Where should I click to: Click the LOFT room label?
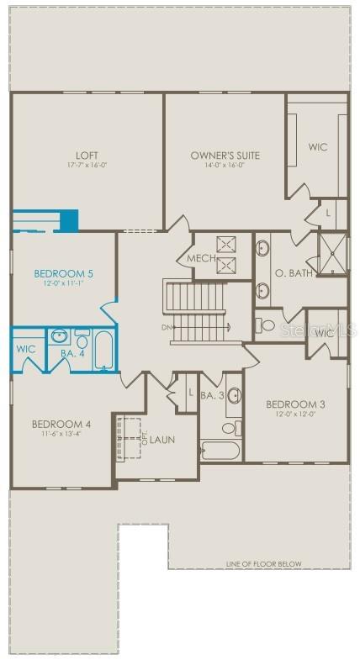pyautogui.click(x=87, y=155)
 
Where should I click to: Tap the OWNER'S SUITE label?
pyautogui.click(x=225, y=155)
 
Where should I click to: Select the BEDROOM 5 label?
pyautogui.click(x=63, y=273)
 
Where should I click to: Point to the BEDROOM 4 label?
pyautogui.click(x=61, y=423)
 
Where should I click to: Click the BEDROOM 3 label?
pyautogui.click(x=294, y=404)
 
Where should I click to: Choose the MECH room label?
pyautogui.click(x=200, y=258)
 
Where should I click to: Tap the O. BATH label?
pyautogui.click(x=290, y=273)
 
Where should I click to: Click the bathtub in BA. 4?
pyautogui.click(x=104, y=351)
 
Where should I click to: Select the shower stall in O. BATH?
pyautogui.click(x=332, y=255)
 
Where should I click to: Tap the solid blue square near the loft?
pyautogui.click(x=68, y=220)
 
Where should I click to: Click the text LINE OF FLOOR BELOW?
pyautogui.click(x=263, y=563)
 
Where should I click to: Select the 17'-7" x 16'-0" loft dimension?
pyautogui.click(x=87, y=165)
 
